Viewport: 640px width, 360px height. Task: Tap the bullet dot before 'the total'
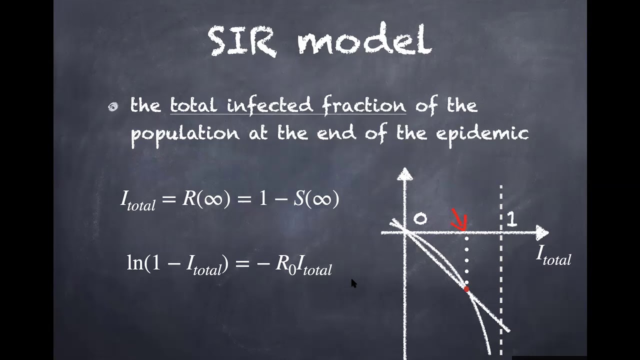pos(113,106)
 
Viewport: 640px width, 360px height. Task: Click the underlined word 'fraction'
pos(363,105)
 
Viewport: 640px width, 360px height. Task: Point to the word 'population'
pos(185,134)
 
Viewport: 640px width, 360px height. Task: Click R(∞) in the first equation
pos(206,198)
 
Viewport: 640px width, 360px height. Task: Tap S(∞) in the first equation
pos(316,198)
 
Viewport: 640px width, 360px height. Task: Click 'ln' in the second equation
pos(134,263)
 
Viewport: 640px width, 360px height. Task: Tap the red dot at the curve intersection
pos(466,289)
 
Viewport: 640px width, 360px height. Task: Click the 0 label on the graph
pos(420,219)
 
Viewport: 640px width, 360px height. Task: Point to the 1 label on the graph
pos(511,219)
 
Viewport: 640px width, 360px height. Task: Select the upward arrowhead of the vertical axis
pos(405,173)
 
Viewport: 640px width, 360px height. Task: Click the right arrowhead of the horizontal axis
pos(542,232)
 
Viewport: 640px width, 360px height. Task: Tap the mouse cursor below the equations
pos(353,283)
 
